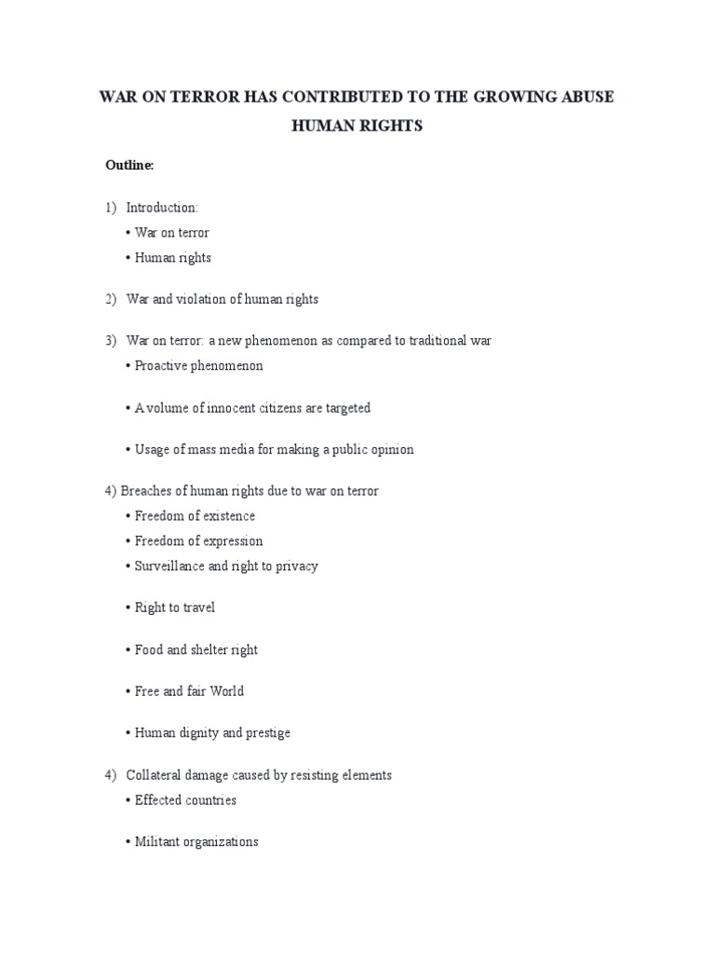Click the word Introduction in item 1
[160, 207]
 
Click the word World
[226, 691]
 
